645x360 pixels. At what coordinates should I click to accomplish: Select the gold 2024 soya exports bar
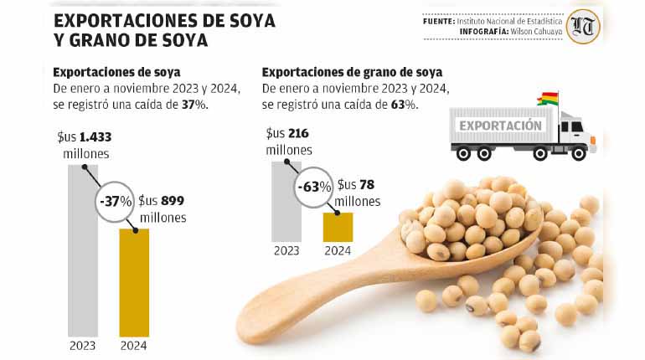click(134, 285)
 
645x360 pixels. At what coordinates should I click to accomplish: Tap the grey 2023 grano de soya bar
click(286, 209)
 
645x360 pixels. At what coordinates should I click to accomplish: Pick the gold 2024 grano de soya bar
click(338, 227)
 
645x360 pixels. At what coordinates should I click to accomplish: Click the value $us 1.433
click(83, 137)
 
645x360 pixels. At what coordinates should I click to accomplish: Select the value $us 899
click(161, 201)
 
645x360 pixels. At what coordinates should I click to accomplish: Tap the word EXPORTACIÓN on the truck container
click(500, 126)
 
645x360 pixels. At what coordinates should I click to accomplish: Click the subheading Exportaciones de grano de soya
click(353, 72)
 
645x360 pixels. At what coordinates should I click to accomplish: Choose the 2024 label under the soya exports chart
click(134, 346)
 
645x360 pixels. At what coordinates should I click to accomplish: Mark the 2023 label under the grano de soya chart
click(286, 249)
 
